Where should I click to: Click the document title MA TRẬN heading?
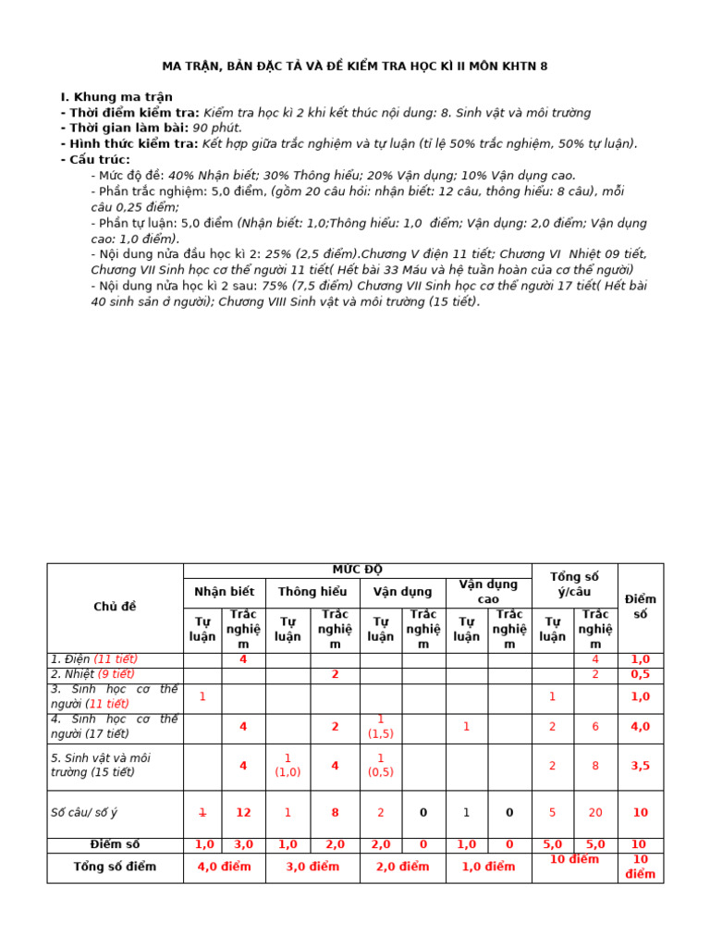[355, 67]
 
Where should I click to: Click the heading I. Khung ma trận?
[116, 97]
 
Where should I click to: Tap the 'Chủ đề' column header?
[115, 607]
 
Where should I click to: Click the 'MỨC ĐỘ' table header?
[357, 570]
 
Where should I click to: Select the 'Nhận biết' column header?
[224, 592]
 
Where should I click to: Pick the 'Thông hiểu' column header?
[312, 592]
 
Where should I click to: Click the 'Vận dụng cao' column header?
[488, 592]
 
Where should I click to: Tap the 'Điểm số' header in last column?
[640, 607]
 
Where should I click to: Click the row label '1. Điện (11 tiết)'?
[94, 659]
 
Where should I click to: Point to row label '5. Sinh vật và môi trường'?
[101, 765]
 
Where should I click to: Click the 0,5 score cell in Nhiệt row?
[640, 675]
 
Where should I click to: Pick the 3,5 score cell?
[640, 766]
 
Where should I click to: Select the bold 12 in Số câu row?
[243, 813]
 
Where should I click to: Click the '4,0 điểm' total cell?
[224, 867]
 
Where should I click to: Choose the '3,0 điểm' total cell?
[312, 867]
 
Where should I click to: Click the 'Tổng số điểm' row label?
[115, 867]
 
